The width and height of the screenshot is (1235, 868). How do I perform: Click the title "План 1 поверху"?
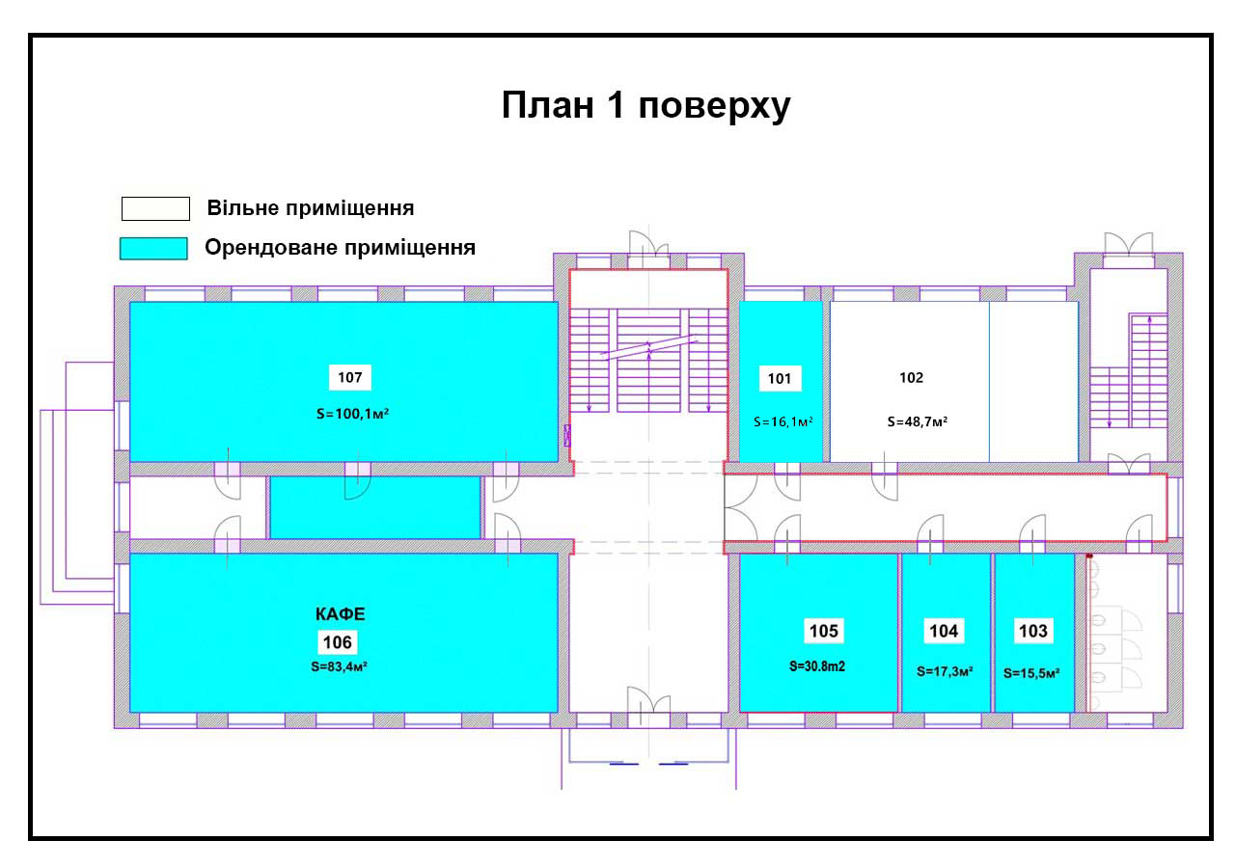click(645, 105)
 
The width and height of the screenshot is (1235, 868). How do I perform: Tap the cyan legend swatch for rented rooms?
click(153, 248)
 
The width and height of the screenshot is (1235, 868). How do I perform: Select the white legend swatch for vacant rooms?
click(155, 208)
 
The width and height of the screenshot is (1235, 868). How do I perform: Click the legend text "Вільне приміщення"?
click(311, 208)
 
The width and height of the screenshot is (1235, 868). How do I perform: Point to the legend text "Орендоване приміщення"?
click(341, 248)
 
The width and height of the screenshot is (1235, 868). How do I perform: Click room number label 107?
click(350, 377)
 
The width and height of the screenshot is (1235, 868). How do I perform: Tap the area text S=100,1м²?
click(353, 414)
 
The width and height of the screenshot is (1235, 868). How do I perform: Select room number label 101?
click(780, 379)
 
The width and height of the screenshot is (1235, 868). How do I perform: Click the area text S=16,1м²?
click(782, 422)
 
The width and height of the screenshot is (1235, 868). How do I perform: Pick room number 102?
click(912, 377)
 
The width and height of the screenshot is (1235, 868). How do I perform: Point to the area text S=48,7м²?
click(918, 421)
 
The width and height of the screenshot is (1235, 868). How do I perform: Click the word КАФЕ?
click(341, 614)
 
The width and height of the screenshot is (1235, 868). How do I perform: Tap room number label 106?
click(338, 642)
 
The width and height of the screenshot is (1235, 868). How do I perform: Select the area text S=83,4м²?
click(339, 666)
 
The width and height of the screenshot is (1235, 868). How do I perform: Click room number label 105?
click(824, 631)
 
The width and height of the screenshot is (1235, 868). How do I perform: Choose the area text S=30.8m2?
click(817, 666)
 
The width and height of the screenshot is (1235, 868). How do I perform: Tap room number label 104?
click(944, 631)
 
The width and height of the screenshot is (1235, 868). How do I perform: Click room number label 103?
click(1033, 631)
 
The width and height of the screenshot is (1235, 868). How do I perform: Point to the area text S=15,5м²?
click(1031, 673)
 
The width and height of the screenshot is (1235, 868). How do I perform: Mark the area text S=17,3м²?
click(945, 671)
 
